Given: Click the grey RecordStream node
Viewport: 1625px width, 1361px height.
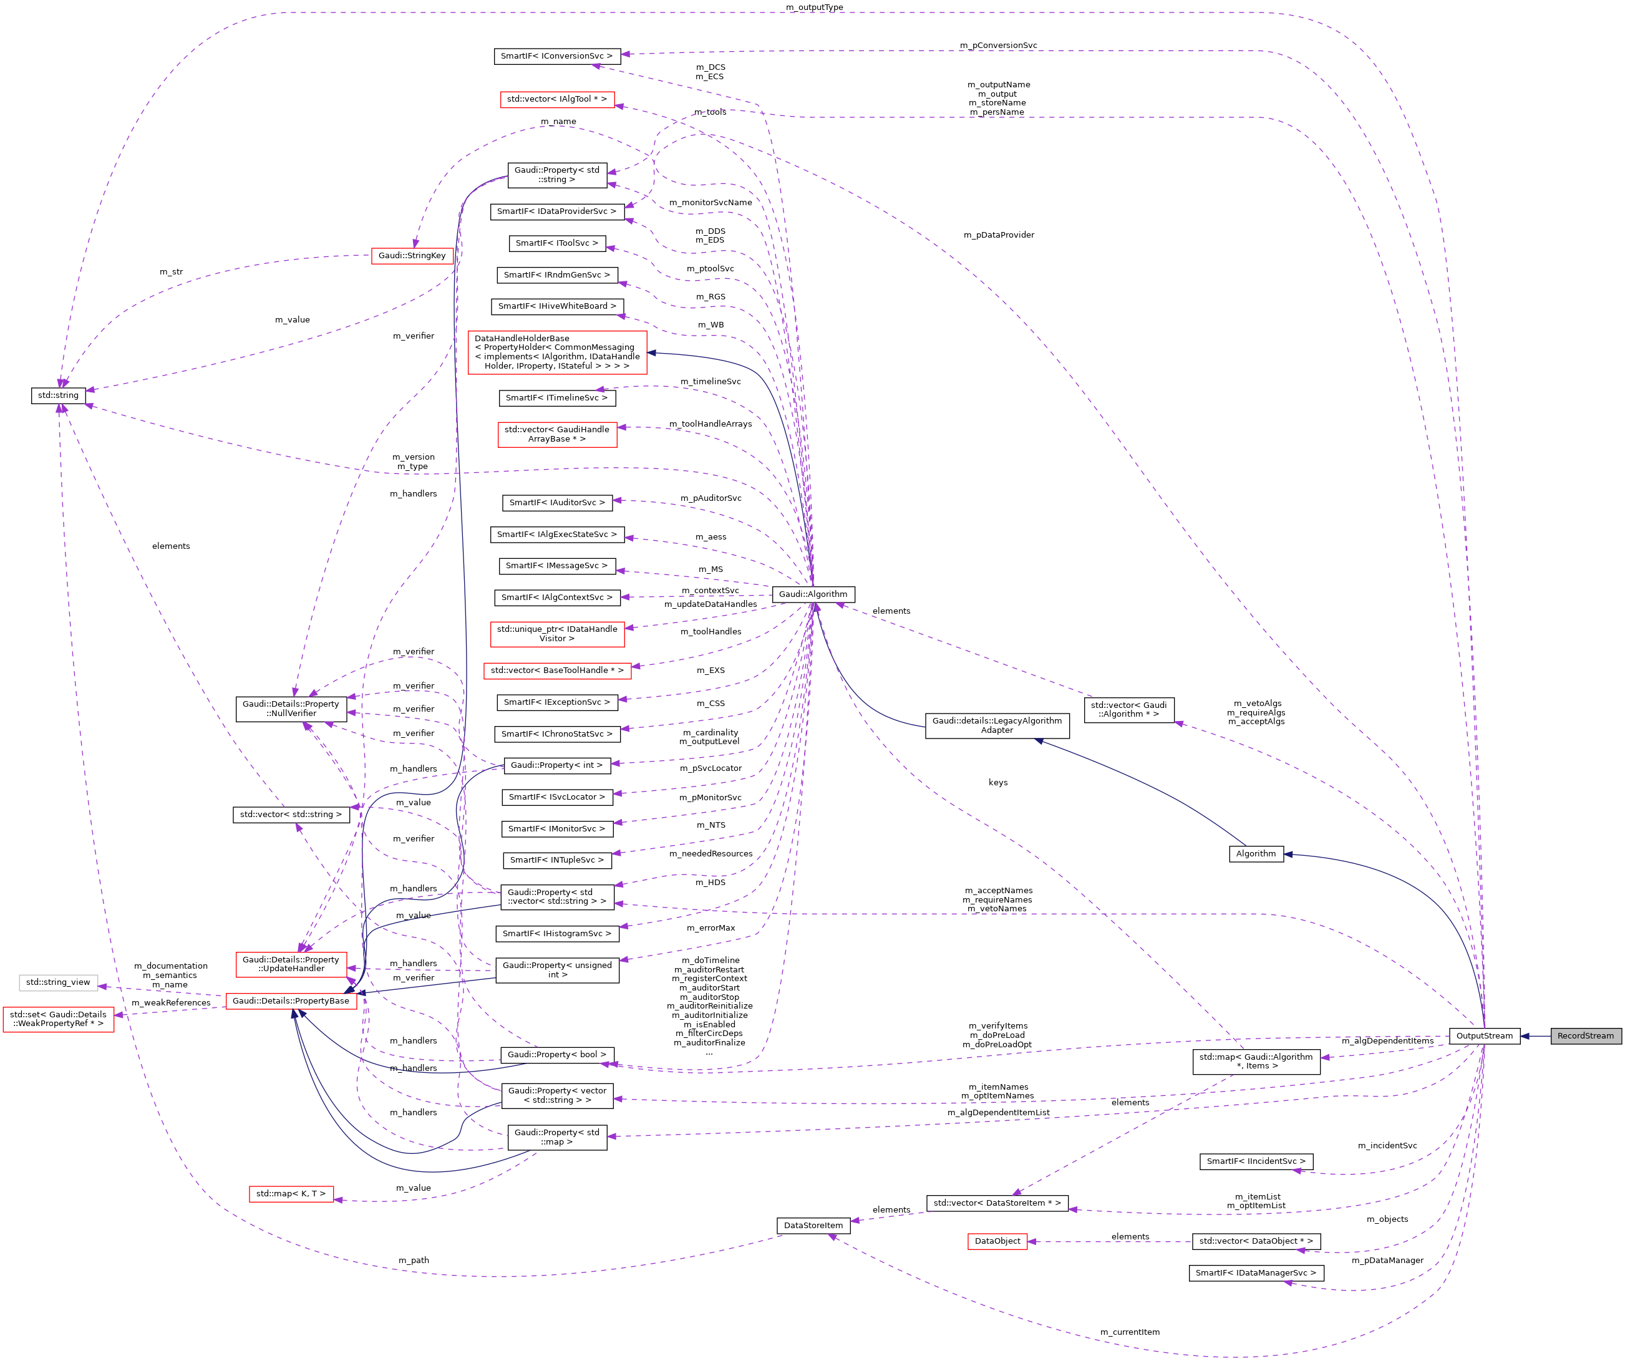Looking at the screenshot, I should coord(1584,1035).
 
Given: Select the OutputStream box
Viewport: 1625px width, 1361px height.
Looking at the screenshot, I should coord(1483,1035).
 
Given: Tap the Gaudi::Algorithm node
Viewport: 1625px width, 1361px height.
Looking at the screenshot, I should coord(812,594).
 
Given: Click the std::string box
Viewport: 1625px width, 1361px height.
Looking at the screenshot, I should coord(58,395).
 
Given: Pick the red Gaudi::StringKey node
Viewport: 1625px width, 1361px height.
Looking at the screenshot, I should coord(412,255).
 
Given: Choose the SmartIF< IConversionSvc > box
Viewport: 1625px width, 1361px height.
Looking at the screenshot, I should coord(556,56).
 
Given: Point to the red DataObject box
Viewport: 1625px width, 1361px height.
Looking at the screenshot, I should coord(997,1241).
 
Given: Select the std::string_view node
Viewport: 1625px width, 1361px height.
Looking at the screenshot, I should coord(58,982).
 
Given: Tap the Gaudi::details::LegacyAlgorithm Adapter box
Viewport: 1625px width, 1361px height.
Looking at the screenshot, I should coord(997,725).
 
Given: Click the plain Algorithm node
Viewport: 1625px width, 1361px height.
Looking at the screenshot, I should coord(1255,853).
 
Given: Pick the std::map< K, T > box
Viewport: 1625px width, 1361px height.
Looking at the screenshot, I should coord(290,1194).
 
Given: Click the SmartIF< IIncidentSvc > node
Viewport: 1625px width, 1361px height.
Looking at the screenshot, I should coord(1255,1161).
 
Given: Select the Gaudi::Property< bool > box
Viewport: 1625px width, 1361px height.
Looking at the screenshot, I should coord(556,1055).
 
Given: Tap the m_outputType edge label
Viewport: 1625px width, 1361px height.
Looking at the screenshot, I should coord(814,7).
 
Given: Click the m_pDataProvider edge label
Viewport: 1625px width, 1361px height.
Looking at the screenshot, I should coord(998,235).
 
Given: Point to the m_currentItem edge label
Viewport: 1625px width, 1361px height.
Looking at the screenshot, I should coord(1129,1332).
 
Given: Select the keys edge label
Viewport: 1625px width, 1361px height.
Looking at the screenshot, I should coord(997,782).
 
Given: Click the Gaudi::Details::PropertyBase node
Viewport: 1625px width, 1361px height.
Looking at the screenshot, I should coord(290,1000).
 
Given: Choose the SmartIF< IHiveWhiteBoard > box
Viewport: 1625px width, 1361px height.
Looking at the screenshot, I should coord(556,306).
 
